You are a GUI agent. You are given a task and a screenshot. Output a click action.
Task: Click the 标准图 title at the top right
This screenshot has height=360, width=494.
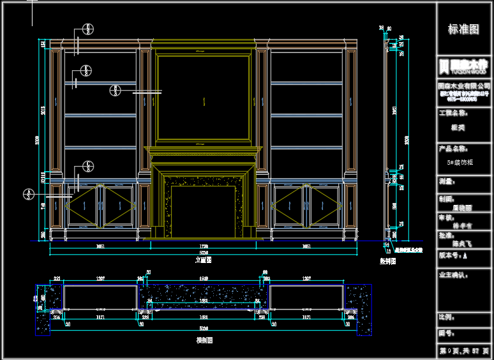click(x=463, y=29)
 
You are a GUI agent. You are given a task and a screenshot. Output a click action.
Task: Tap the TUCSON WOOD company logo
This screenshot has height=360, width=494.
click(x=463, y=66)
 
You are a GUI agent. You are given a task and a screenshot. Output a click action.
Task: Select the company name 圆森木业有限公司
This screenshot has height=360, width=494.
click(x=463, y=86)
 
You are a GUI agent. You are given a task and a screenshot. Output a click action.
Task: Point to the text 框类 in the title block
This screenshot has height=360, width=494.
click(x=458, y=127)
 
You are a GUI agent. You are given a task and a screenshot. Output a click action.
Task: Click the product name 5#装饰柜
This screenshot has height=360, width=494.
click(x=460, y=163)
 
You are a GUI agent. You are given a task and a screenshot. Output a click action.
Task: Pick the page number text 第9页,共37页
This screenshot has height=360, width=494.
click(x=464, y=351)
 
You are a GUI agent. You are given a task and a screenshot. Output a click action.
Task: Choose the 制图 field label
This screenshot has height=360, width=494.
click(x=447, y=199)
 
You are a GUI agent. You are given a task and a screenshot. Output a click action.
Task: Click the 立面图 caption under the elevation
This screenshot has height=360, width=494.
click(x=203, y=260)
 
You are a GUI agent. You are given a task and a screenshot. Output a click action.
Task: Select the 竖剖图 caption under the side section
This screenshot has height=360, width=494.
click(x=388, y=260)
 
